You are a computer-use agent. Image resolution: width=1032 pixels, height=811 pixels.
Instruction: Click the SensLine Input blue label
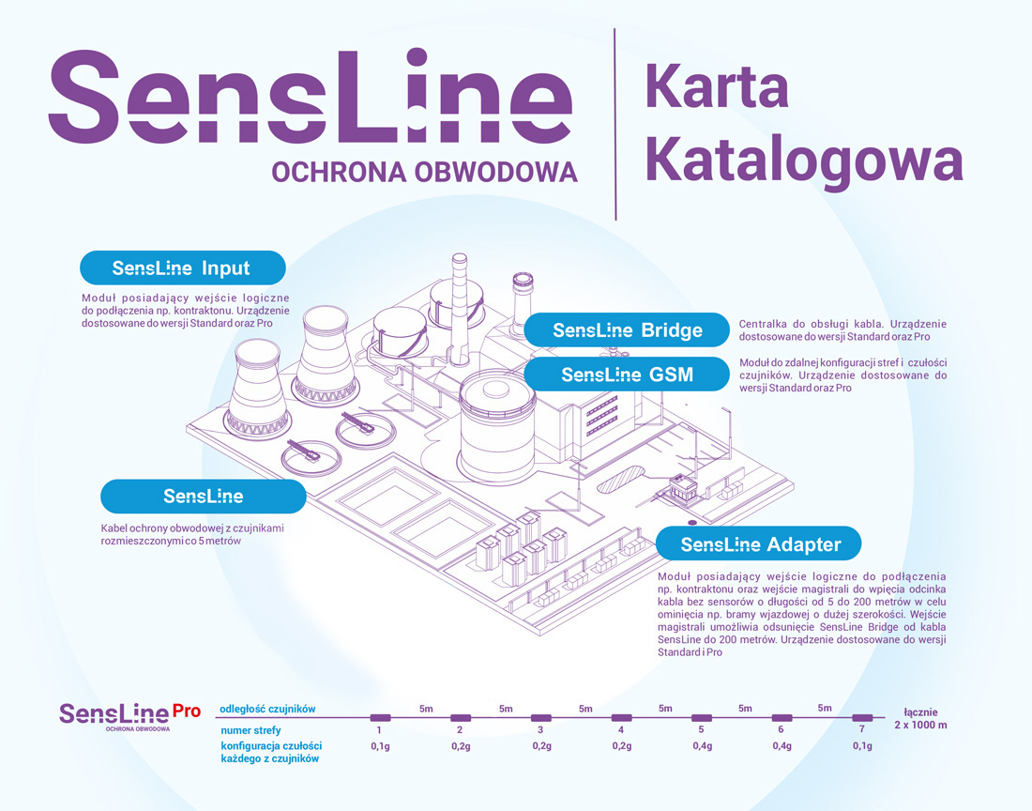point(182,268)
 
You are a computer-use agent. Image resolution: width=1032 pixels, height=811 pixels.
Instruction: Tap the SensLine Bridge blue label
point(627,330)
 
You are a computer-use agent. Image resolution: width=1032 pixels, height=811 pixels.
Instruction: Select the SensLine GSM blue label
point(627,375)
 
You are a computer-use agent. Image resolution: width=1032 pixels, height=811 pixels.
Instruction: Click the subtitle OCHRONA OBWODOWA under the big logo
point(424,172)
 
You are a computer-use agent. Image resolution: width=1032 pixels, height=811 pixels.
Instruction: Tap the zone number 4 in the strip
point(621,729)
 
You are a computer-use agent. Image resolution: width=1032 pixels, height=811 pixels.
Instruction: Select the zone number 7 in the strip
point(862,729)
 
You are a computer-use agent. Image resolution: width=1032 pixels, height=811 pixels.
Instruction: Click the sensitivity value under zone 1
point(380,746)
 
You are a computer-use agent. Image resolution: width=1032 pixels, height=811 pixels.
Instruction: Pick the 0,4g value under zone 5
point(701,746)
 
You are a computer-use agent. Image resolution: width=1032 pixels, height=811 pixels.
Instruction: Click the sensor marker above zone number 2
point(460,717)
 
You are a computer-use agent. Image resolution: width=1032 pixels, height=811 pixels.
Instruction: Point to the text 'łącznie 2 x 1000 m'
point(919,718)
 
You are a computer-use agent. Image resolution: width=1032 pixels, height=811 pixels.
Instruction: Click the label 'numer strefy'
point(250,729)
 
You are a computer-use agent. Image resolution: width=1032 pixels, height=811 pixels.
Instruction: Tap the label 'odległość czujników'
point(267,709)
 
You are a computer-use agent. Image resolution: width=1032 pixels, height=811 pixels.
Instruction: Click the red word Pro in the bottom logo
point(186,711)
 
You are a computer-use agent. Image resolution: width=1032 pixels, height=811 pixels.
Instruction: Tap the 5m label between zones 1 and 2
point(426,709)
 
